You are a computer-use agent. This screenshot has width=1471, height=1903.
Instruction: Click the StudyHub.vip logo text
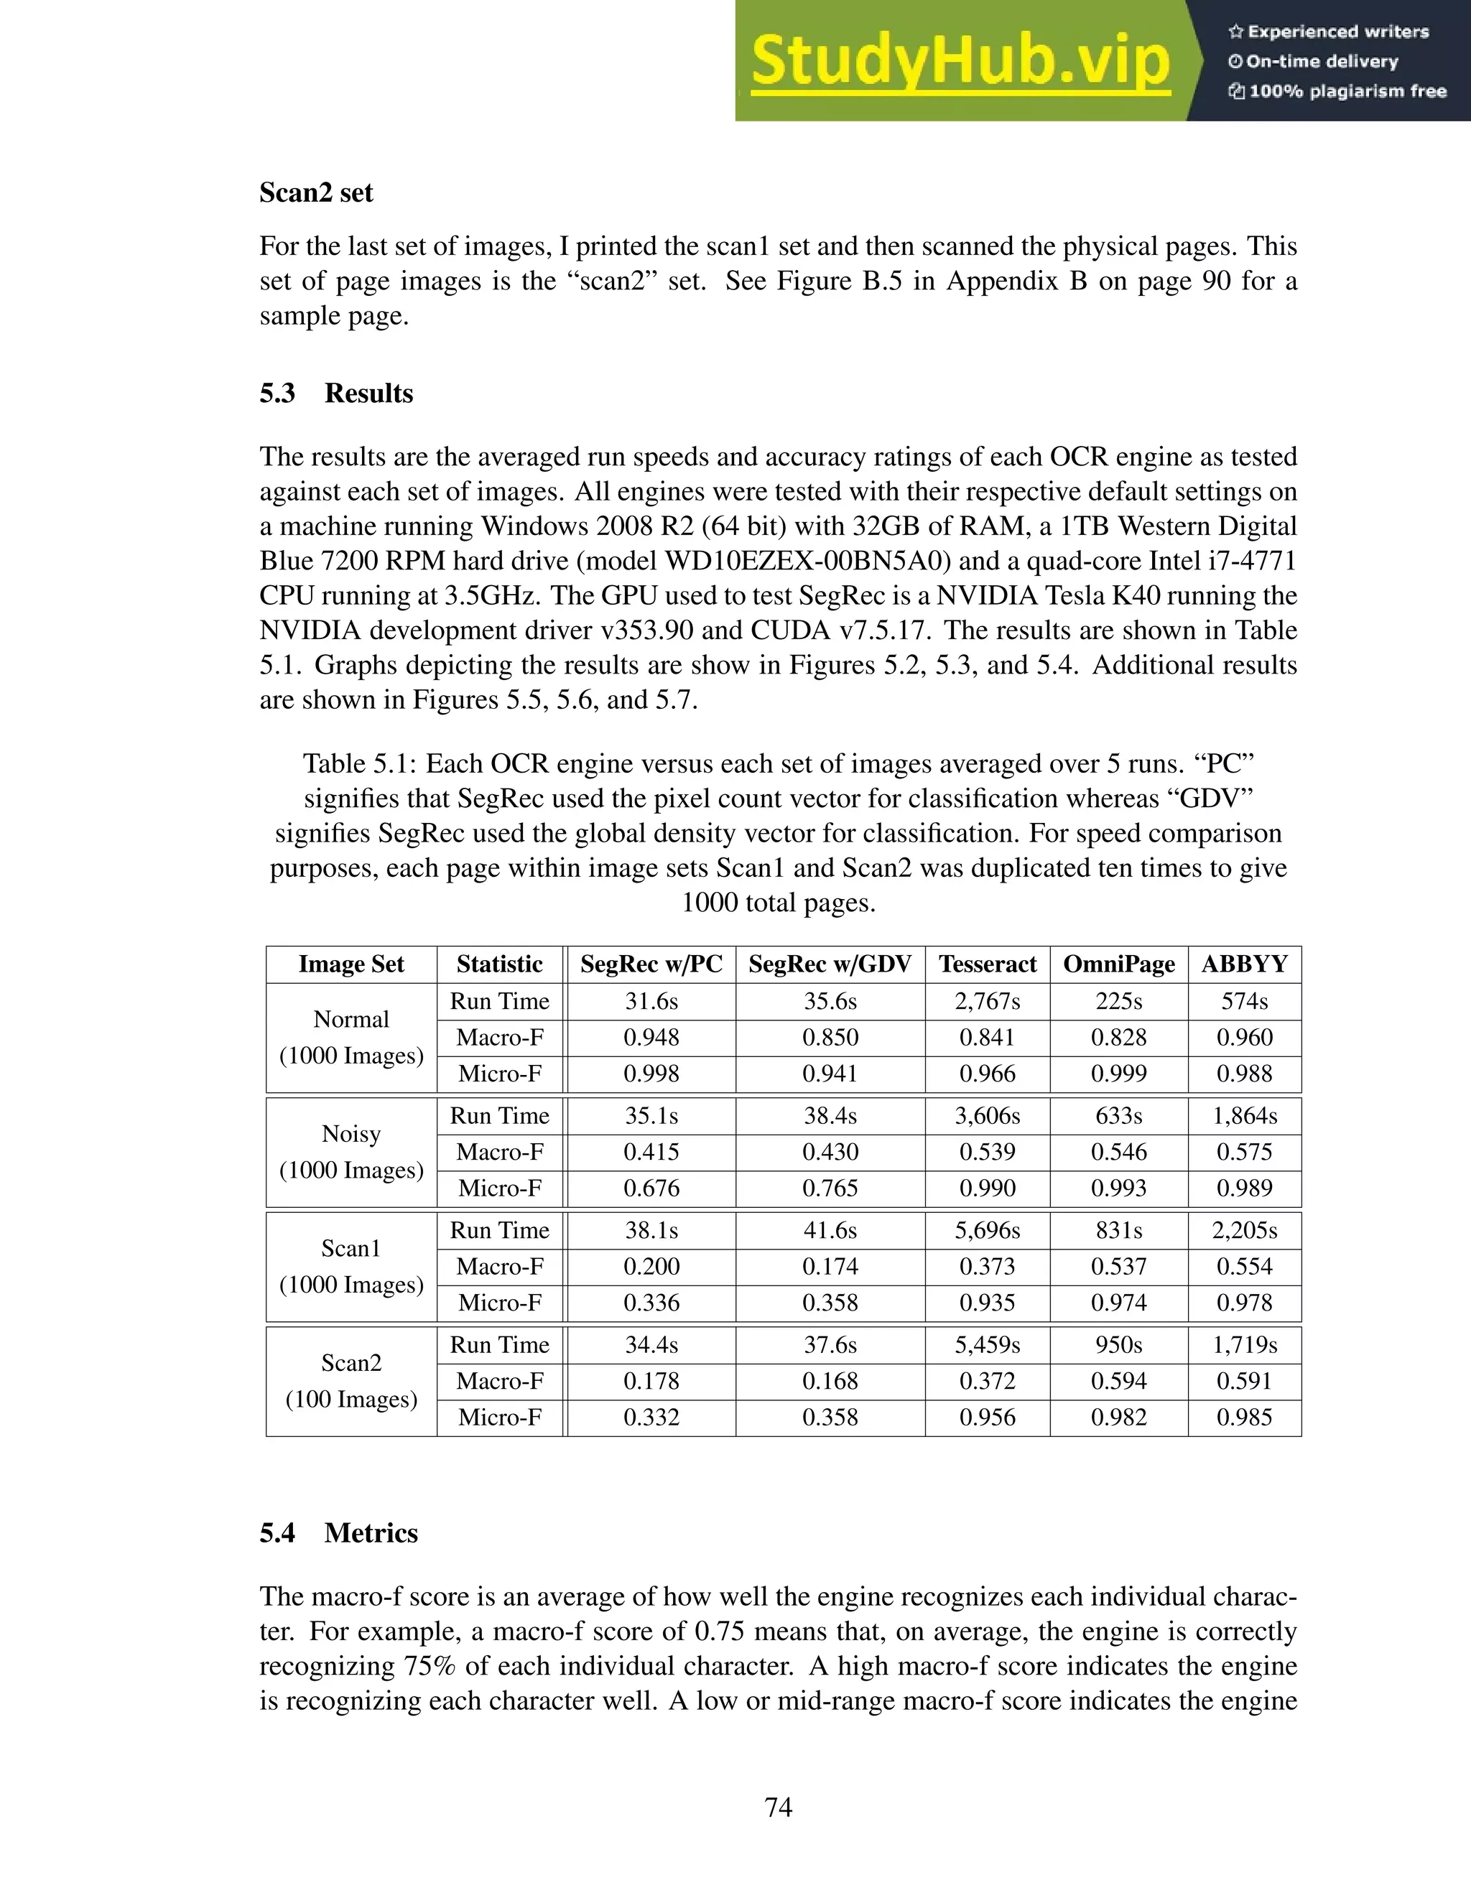coord(960,61)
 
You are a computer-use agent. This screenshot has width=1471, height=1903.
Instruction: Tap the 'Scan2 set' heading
coord(315,192)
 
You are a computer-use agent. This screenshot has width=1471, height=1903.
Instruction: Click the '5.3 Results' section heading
coord(335,393)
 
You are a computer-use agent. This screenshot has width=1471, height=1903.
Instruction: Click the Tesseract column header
coord(988,964)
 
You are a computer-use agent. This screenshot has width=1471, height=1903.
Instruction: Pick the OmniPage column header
coord(1118,964)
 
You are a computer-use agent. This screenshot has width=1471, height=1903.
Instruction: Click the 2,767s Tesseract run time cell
coord(988,1001)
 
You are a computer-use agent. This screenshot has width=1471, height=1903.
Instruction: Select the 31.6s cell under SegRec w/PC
coord(651,1001)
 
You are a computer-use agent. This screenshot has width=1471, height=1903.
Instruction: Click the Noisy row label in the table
coord(351,1134)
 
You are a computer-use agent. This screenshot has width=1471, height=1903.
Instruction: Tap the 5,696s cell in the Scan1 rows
coord(988,1230)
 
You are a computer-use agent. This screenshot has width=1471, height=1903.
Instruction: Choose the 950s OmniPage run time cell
coord(1118,1344)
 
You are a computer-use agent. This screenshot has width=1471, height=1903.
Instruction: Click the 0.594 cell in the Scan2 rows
coord(1118,1381)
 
